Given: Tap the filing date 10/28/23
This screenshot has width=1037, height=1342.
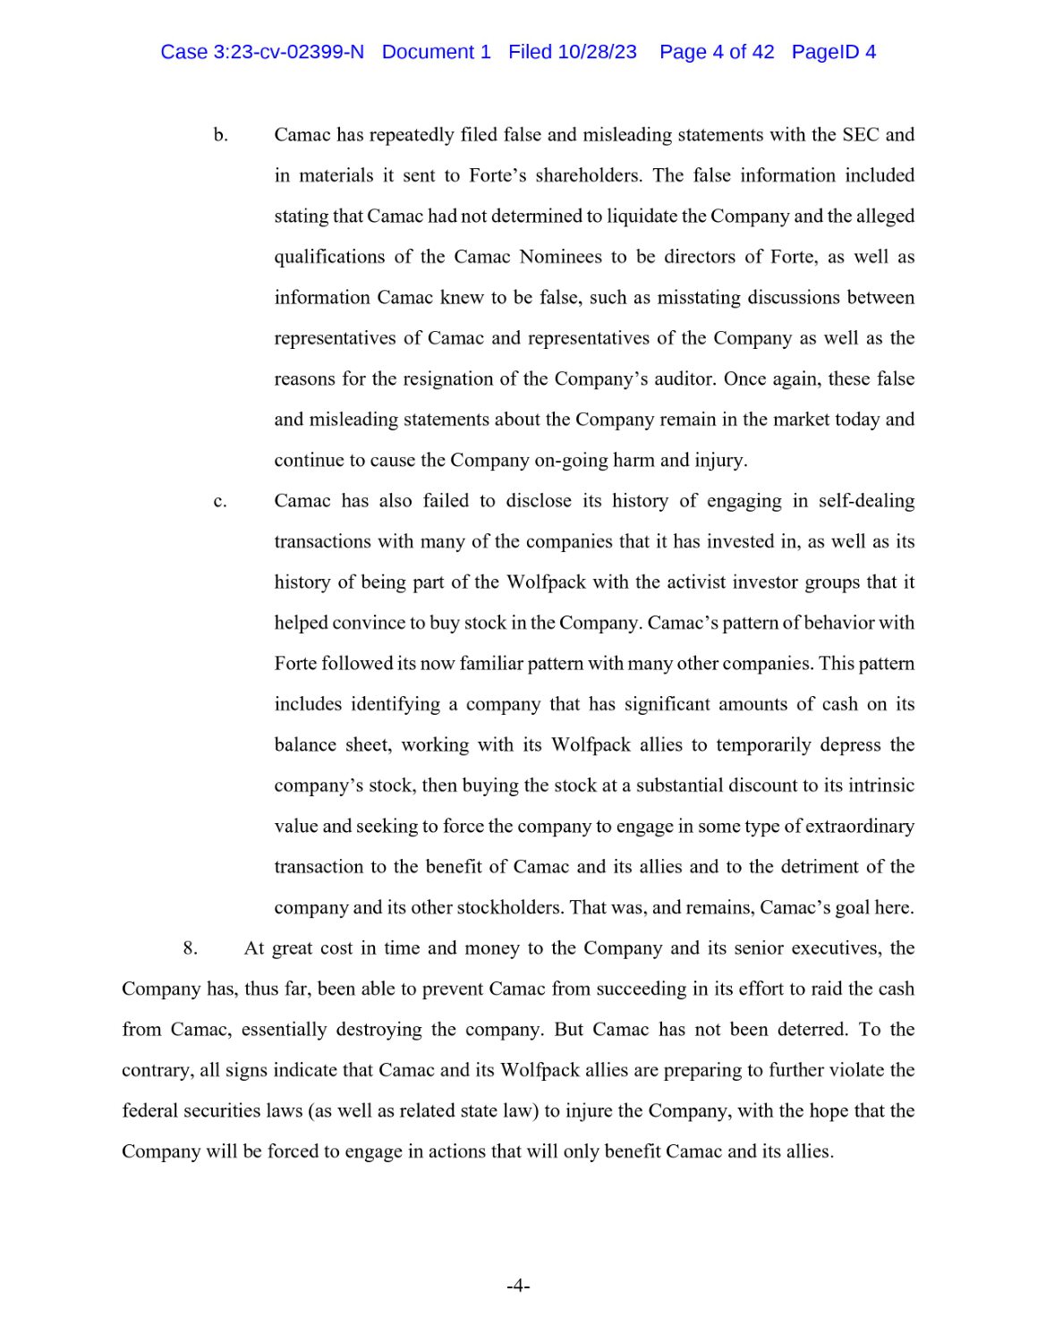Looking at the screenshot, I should click(x=597, y=52).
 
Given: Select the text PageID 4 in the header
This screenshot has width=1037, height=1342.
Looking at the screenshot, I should click(x=833, y=52).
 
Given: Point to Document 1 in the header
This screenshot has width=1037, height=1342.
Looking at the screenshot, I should click(x=436, y=52).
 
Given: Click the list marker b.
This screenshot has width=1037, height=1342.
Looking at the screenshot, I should click(x=220, y=135).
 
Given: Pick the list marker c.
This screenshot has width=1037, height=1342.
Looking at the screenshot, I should click(x=220, y=501).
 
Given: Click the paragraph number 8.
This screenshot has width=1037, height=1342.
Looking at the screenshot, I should click(x=190, y=948).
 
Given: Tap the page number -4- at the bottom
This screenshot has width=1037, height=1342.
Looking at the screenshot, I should click(x=518, y=1287).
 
